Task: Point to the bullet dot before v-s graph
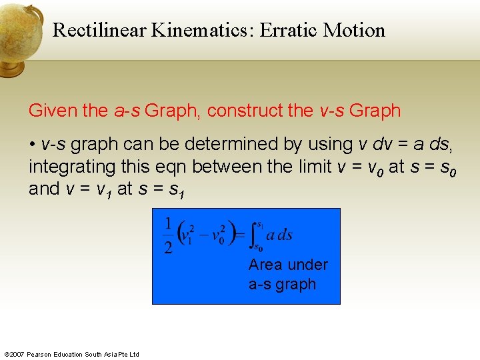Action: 32,144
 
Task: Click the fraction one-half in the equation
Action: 169,235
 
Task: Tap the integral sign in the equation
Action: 253,235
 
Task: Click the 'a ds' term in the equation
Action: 279,235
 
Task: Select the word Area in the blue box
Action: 265,265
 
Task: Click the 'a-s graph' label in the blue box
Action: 281,284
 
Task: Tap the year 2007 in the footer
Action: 17,354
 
